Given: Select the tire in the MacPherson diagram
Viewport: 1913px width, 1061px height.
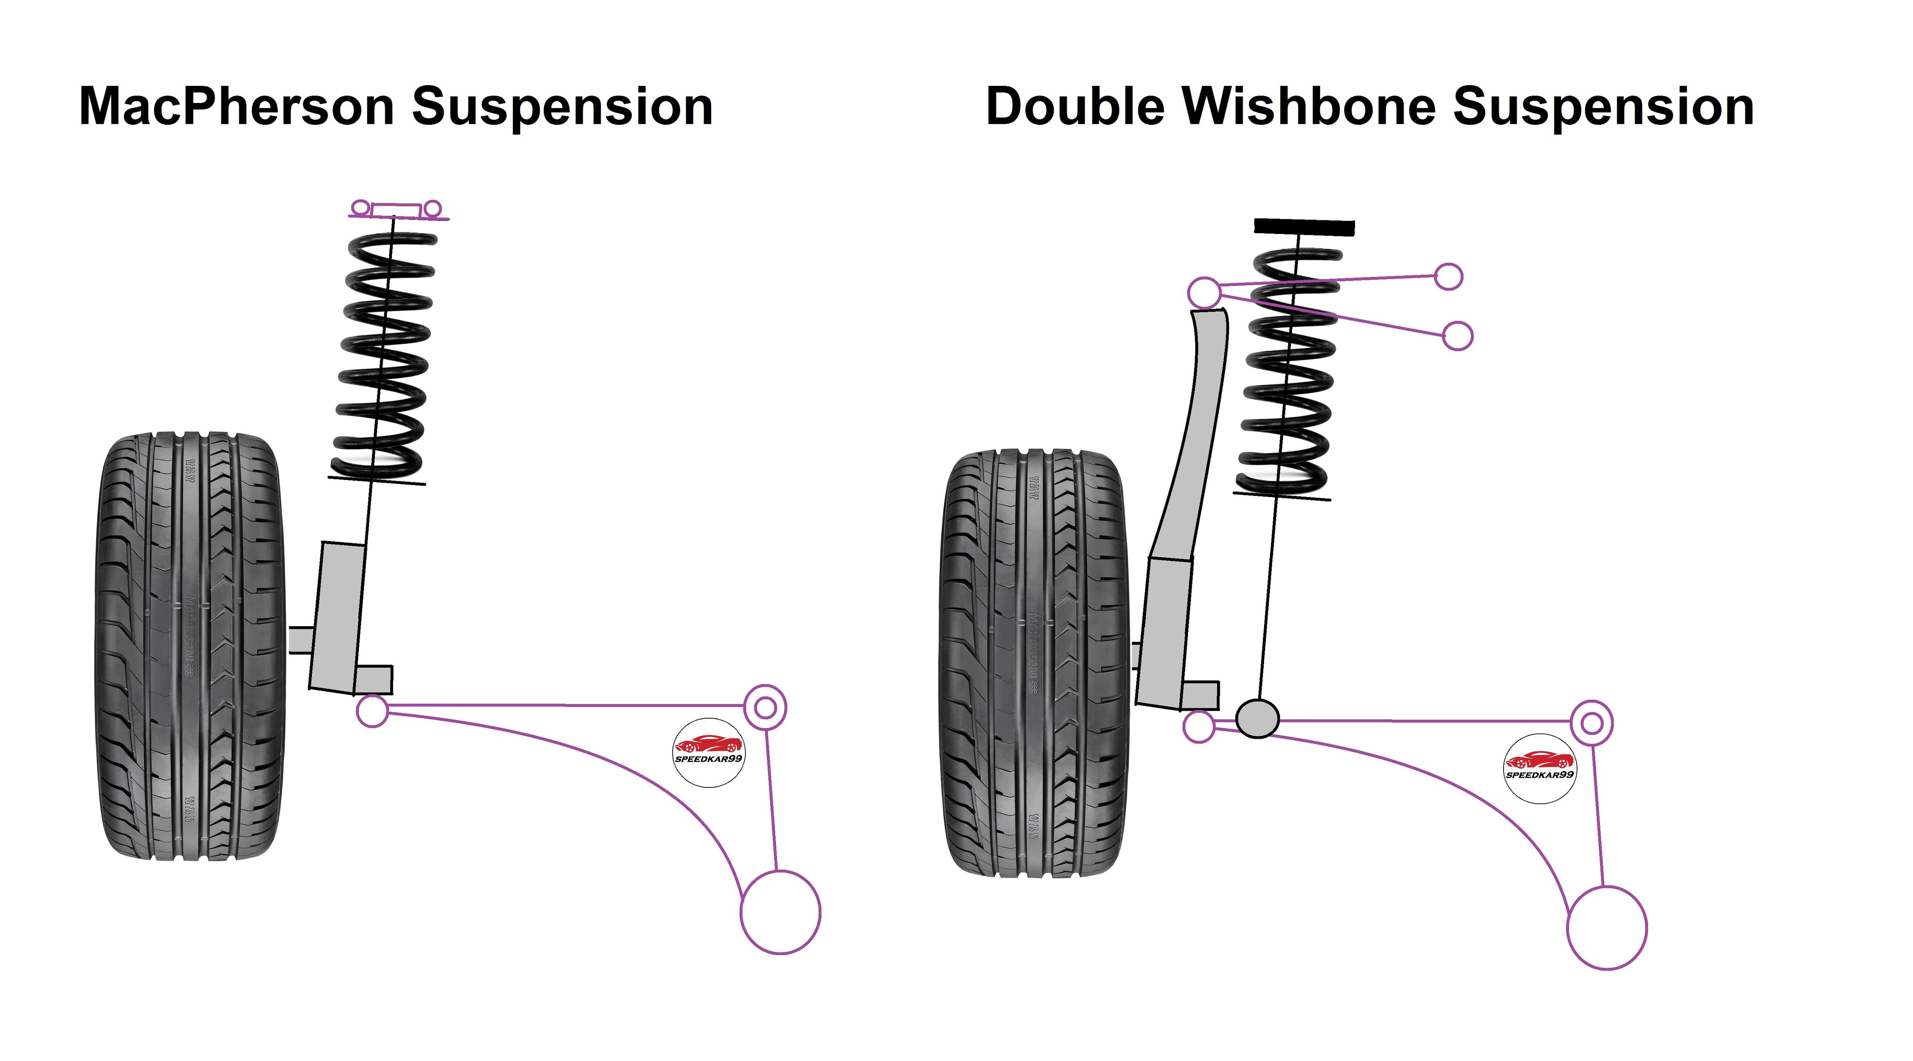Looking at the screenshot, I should click(190, 646).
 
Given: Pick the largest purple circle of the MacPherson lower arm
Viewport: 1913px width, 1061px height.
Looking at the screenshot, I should click(780, 912).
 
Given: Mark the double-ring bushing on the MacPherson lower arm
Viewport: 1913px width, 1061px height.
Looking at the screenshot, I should click(765, 707).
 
